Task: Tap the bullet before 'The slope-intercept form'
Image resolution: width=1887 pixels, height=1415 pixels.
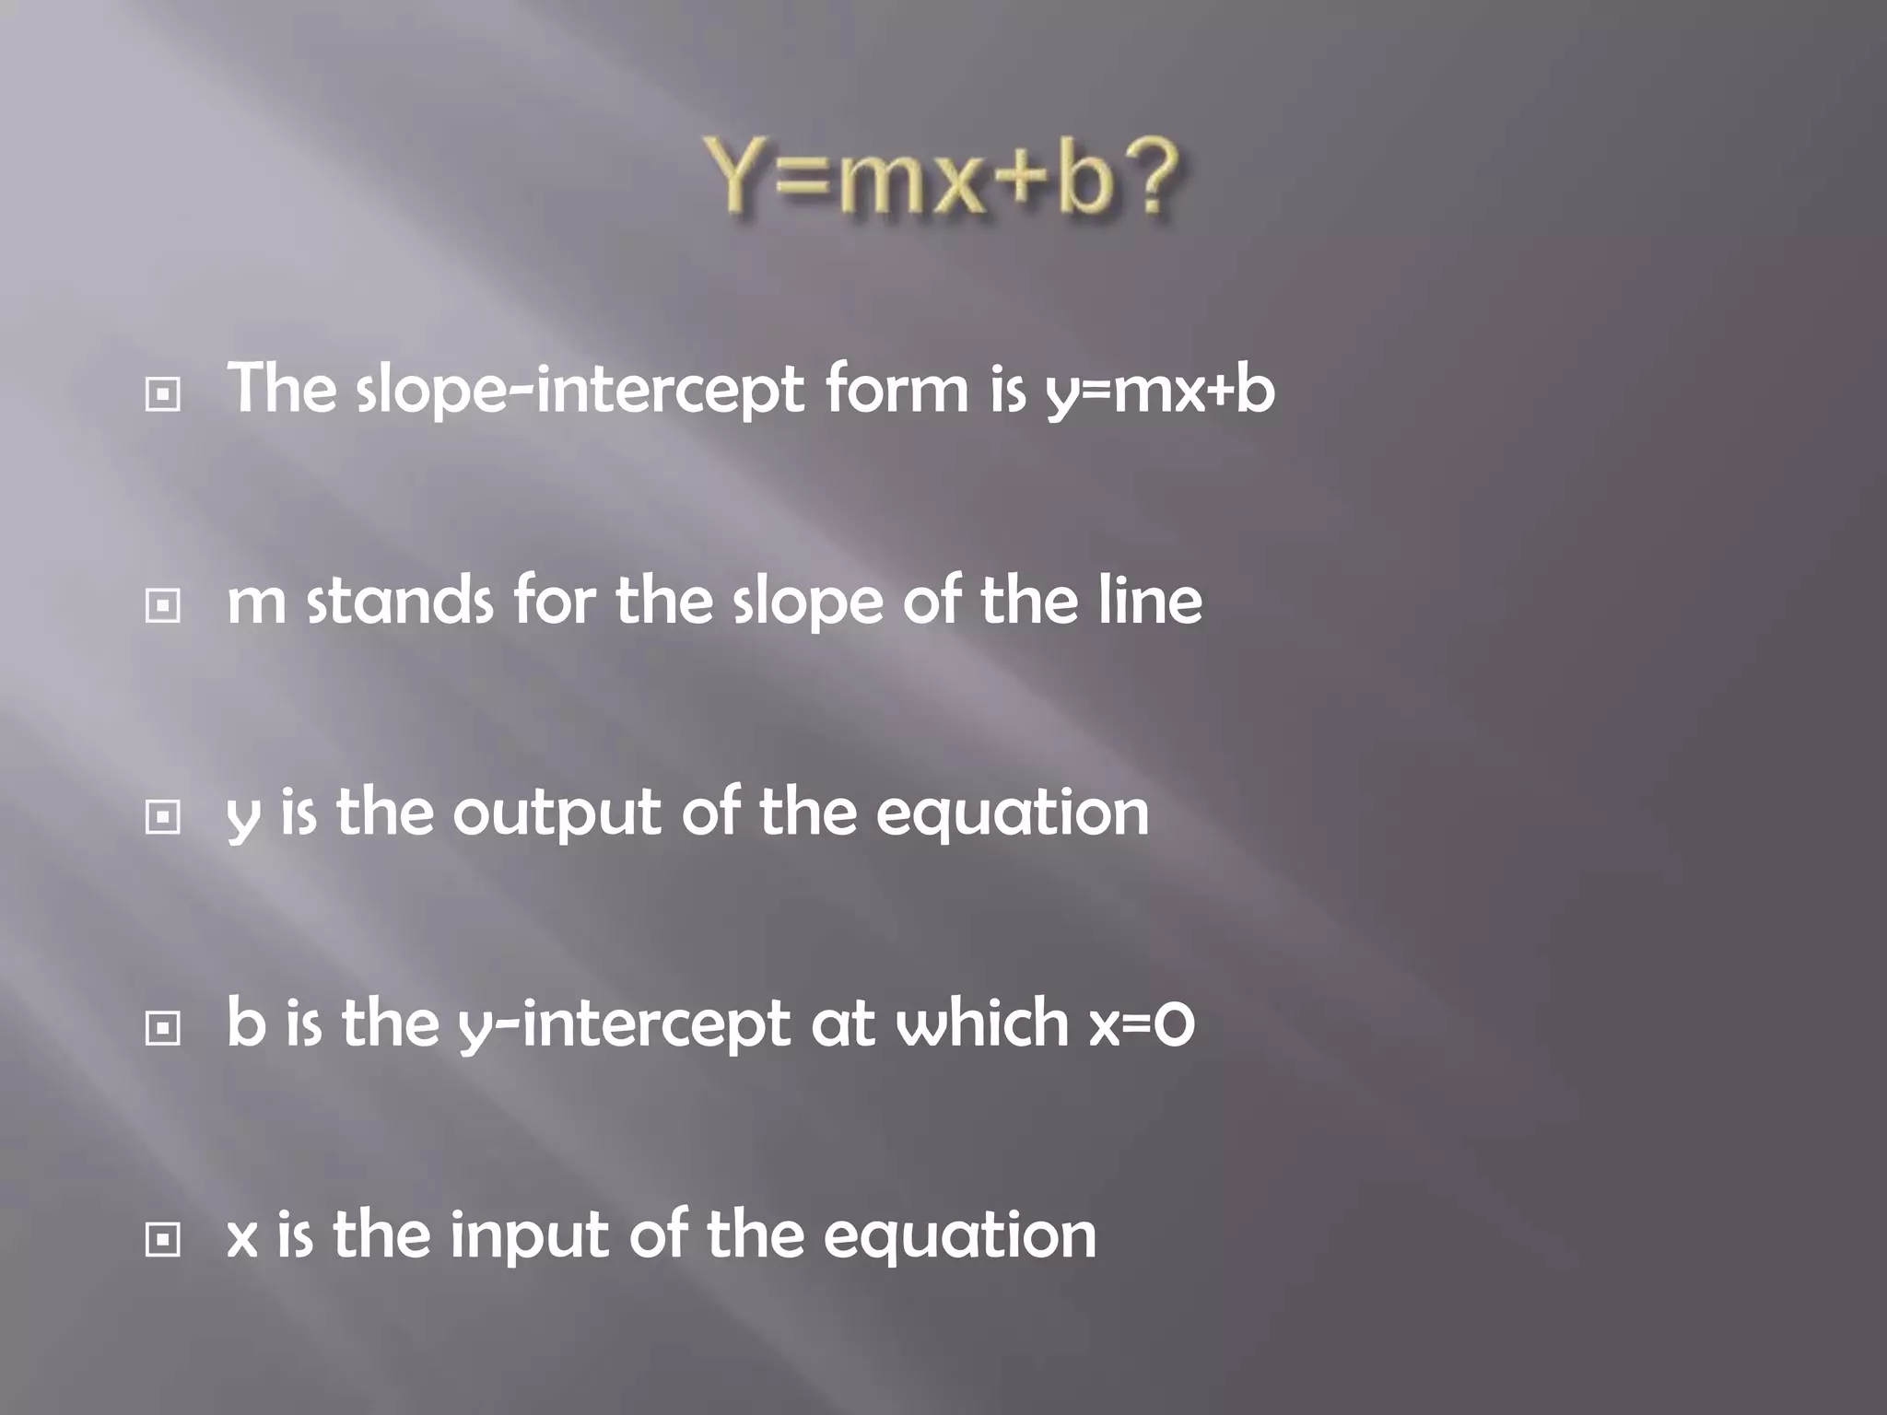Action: tap(163, 395)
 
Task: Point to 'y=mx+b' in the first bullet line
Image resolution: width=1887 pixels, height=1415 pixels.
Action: tap(1160, 391)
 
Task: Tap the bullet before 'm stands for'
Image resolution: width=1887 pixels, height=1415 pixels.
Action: tap(163, 605)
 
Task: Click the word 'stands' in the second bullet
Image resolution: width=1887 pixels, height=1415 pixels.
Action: tap(400, 601)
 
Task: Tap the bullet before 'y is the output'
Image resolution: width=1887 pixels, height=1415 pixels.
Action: tap(163, 816)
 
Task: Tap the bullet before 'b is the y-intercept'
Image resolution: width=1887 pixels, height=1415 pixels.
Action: tap(163, 1028)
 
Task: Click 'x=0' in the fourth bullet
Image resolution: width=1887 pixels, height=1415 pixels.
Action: tap(1142, 1024)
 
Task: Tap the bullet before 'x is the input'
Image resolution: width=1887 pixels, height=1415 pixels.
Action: tap(163, 1240)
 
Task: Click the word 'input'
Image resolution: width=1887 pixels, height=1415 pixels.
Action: tap(529, 1237)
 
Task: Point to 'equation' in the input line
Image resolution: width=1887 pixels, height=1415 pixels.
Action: tap(959, 1237)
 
